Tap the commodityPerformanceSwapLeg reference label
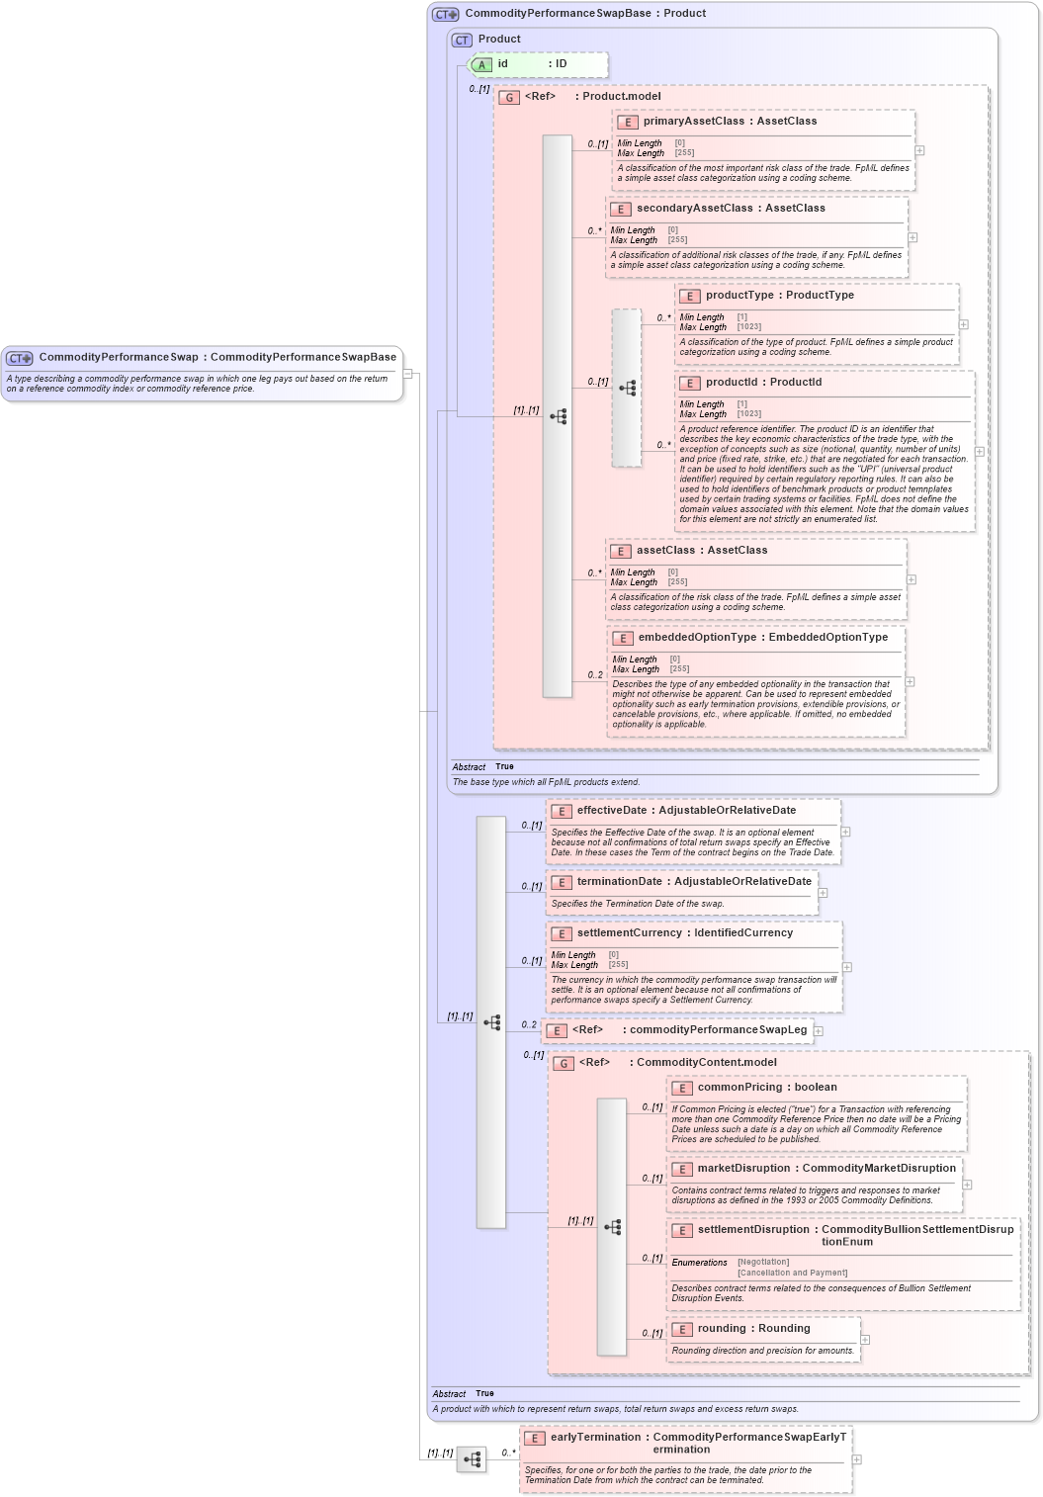coord(718,1030)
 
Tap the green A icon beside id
coord(481,65)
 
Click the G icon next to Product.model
coord(509,98)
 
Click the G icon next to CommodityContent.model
coord(564,1064)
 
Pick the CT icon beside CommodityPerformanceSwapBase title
coord(446,15)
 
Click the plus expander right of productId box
coord(980,452)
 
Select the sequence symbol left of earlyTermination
coord(472,1459)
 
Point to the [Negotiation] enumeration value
coord(763,1263)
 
